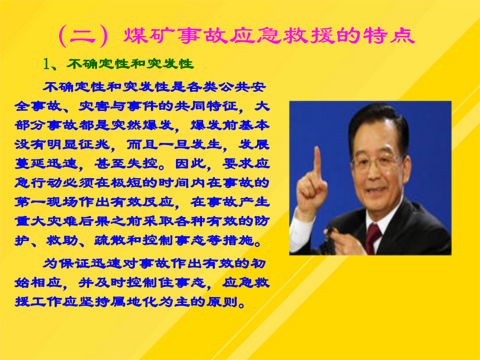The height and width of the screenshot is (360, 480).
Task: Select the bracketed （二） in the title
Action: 83,36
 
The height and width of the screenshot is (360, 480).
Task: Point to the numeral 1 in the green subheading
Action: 46,64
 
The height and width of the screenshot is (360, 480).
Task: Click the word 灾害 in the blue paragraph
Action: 94,106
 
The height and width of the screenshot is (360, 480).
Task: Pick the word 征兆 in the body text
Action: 94,144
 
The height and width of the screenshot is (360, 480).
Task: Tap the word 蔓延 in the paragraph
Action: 30,164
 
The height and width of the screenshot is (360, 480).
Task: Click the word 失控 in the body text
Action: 142,164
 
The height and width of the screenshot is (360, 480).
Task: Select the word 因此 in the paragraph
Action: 190,164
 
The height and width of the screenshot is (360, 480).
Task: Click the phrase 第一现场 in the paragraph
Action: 46,202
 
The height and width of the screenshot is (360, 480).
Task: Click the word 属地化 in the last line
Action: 134,302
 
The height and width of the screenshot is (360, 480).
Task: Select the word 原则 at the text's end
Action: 222,302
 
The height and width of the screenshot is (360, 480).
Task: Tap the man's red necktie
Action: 373,237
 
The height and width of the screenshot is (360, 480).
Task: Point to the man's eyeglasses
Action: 377,161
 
